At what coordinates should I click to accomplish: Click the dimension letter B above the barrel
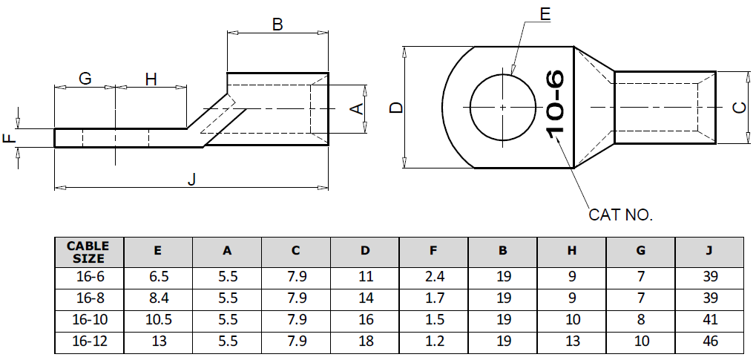277,24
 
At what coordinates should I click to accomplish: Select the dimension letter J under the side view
191,180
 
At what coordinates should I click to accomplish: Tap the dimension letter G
85,79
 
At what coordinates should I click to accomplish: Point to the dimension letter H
151,79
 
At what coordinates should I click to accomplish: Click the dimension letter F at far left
9,138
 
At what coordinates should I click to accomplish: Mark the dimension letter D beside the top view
396,108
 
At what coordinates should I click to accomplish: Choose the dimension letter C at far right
739,108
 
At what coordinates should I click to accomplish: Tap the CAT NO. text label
619,215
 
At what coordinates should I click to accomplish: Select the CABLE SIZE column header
88,252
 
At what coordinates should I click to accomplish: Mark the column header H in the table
571,251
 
